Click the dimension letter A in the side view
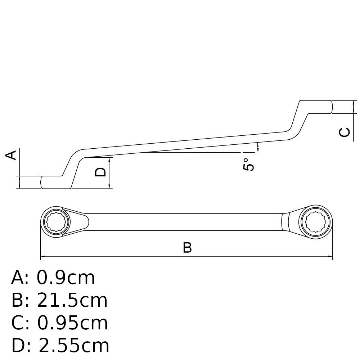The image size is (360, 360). click(x=11, y=155)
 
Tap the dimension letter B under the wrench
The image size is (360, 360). click(x=187, y=248)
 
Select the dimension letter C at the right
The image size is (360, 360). click(x=345, y=132)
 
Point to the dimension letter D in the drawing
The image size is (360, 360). click(x=100, y=172)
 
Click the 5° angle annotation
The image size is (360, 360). click(x=248, y=165)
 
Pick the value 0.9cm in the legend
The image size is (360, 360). click(x=66, y=278)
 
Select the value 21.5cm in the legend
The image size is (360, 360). click(x=72, y=300)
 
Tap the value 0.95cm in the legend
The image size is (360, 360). click(x=72, y=323)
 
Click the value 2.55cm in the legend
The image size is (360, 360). click(x=74, y=345)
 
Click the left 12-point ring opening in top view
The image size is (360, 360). click(x=56, y=222)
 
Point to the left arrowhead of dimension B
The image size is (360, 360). click(x=43, y=256)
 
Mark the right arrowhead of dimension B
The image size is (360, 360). click(x=330, y=256)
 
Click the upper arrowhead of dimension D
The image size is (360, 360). click(x=109, y=160)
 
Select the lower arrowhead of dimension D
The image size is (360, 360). click(x=109, y=186)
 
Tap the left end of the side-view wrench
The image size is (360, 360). click(x=41, y=183)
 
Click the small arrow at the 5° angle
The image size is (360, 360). click(x=258, y=147)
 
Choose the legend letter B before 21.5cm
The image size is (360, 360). click(x=17, y=300)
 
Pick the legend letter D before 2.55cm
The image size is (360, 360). click(x=18, y=345)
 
